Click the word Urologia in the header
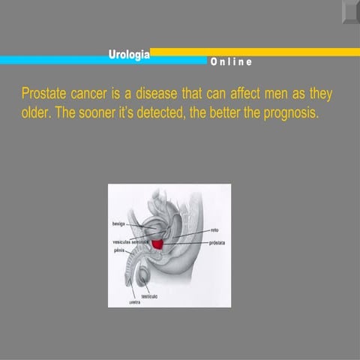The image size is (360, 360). point(129,53)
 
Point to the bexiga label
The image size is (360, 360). point(120,224)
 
